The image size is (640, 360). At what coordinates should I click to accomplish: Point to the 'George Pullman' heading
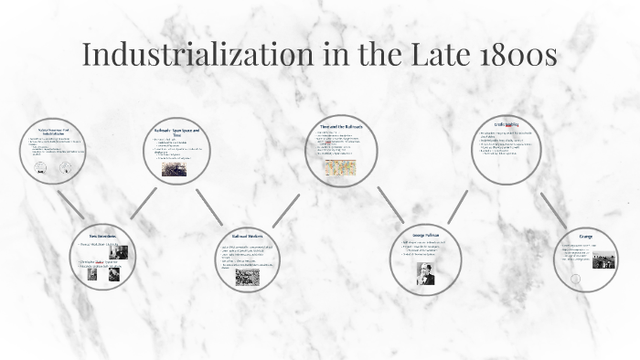425,236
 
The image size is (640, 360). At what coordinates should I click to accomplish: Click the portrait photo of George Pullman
425,272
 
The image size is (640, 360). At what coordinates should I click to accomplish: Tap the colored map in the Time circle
339,167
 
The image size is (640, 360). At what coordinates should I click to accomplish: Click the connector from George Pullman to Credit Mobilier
458,206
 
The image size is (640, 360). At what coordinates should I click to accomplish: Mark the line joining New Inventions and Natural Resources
69,205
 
